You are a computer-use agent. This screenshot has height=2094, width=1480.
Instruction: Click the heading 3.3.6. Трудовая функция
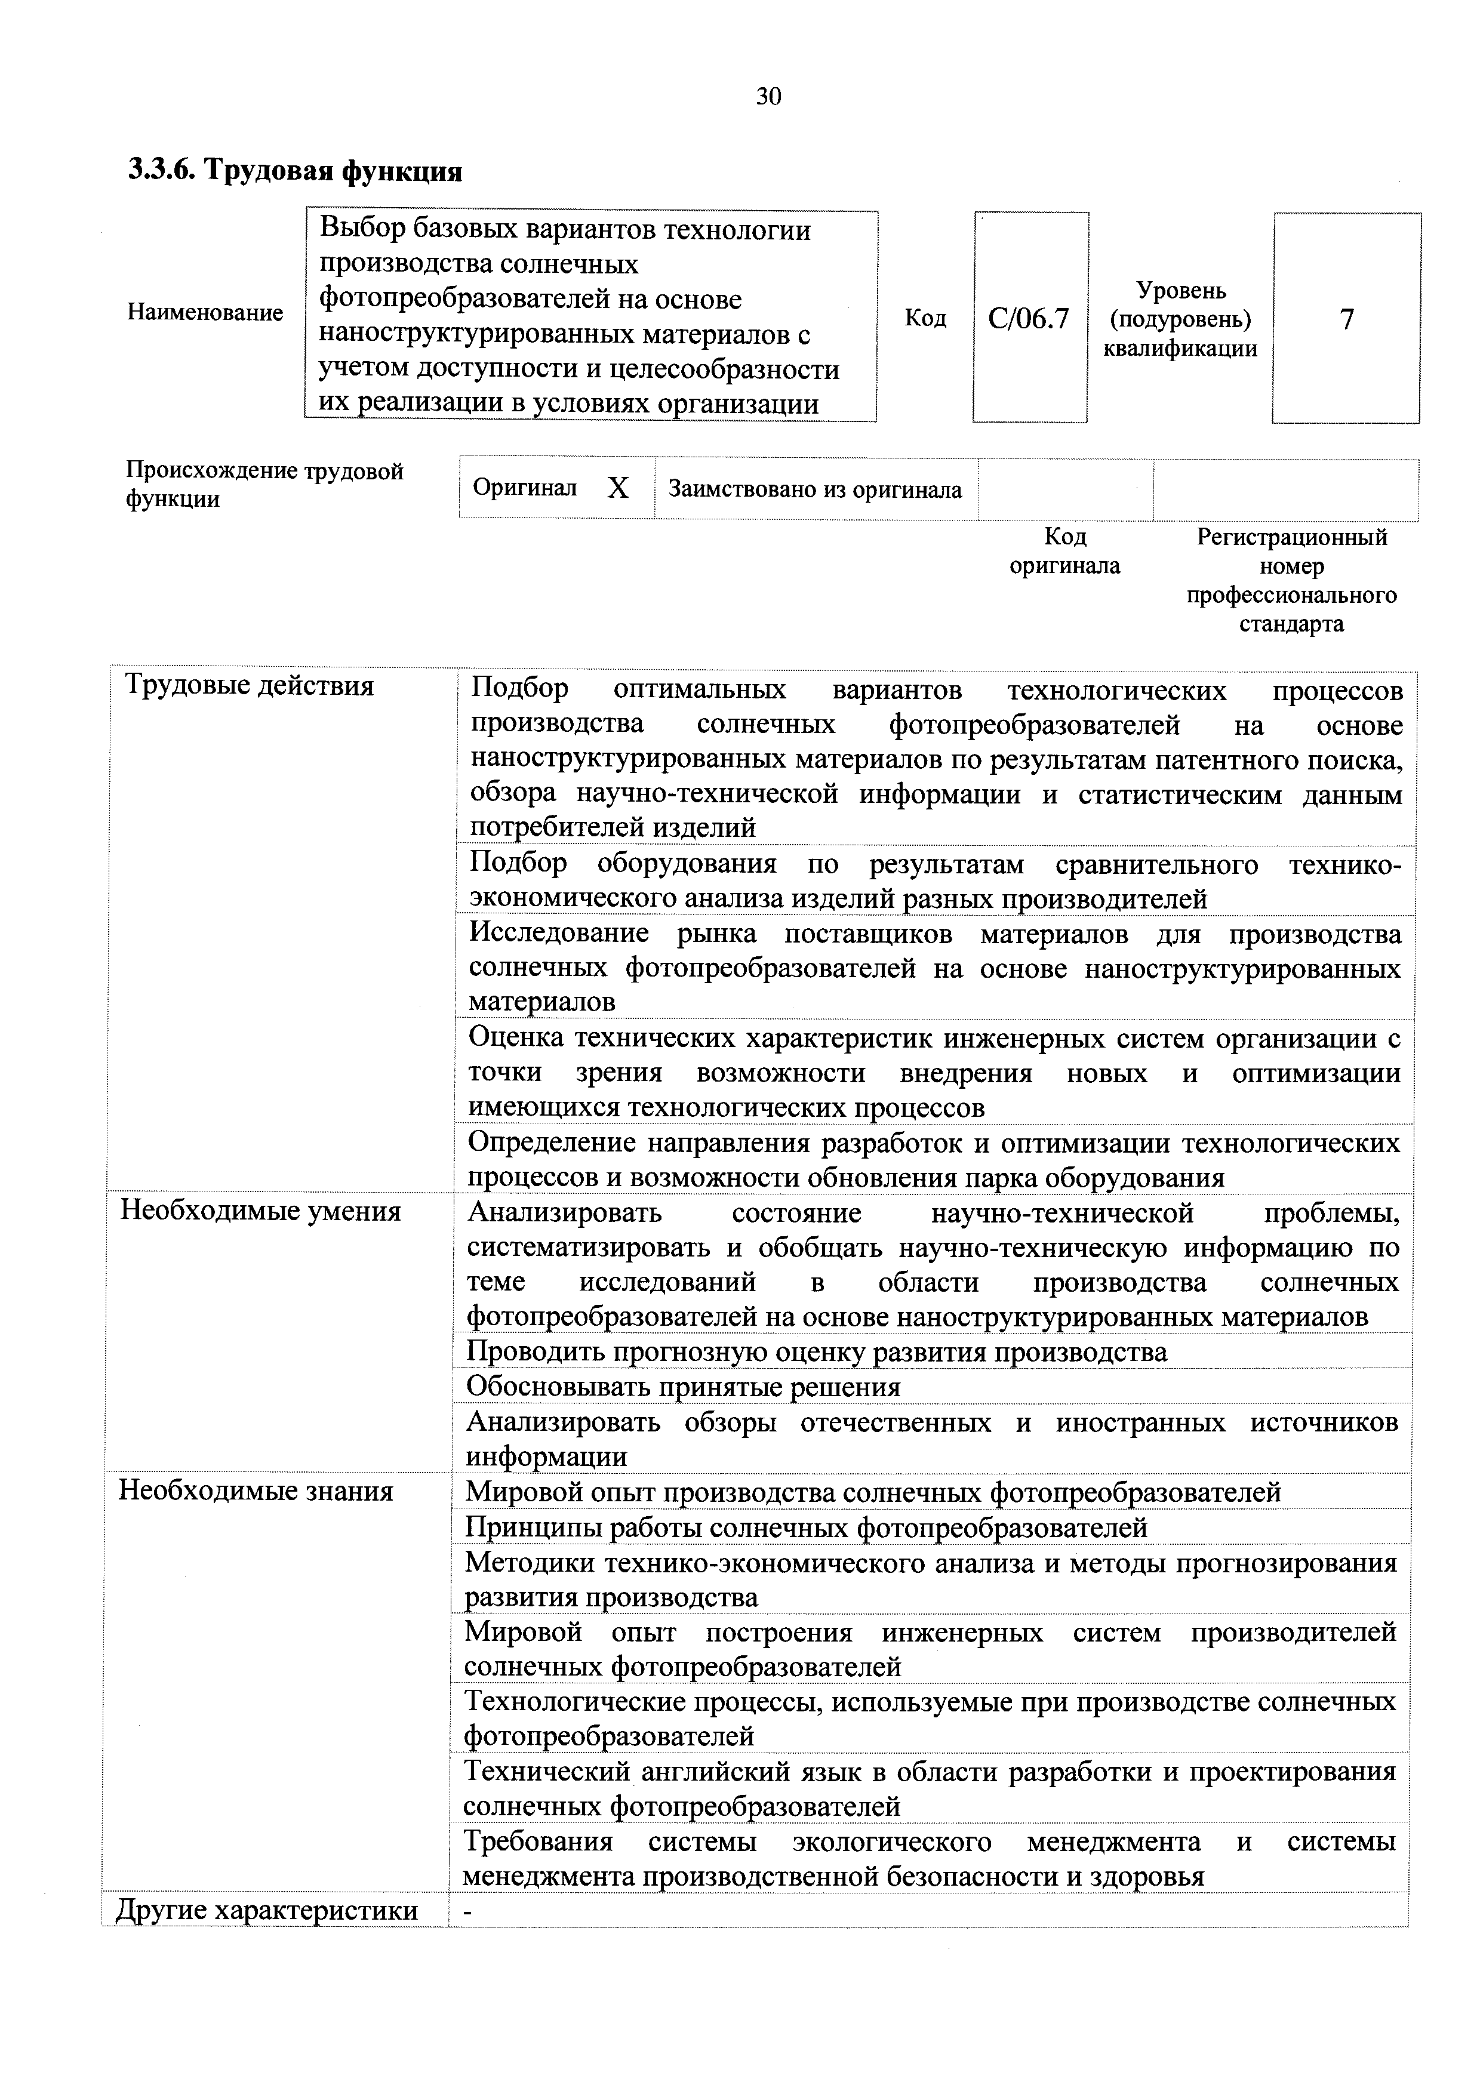click(294, 171)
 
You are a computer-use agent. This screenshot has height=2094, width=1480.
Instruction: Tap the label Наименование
click(205, 313)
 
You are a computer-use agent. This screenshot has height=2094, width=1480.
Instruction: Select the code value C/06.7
click(1029, 318)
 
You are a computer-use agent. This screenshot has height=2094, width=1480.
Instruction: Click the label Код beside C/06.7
click(925, 318)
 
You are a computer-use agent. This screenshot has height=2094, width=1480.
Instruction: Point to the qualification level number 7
click(1346, 318)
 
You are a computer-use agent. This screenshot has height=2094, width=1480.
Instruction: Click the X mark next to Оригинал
click(619, 489)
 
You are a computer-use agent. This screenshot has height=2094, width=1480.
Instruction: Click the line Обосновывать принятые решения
click(683, 1387)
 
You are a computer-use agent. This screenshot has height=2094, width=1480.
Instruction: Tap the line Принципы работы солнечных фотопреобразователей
click(806, 1527)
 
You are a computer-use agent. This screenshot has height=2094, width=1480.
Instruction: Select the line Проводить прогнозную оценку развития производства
click(816, 1351)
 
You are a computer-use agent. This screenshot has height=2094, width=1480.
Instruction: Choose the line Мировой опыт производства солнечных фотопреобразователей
click(873, 1492)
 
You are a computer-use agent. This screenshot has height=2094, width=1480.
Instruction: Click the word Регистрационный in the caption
click(1291, 537)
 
